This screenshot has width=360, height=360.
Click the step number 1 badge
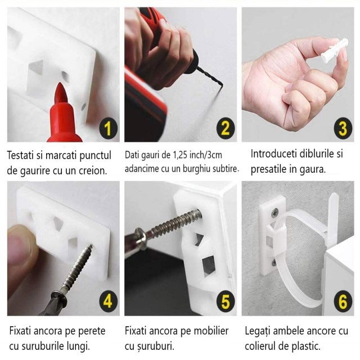coord(108,128)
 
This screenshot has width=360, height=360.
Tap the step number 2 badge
coord(225,128)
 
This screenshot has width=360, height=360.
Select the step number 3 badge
coord(343,128)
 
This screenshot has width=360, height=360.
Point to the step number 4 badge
coord(108,301)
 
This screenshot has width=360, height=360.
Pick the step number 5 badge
coord(225,301)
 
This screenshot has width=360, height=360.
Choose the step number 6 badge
coord(343,301)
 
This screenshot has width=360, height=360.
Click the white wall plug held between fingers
coord(334,51)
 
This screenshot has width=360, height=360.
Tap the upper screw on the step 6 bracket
coord(274,213)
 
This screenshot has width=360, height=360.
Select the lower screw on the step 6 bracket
coord(274,263)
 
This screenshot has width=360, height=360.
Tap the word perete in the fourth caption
coord(92,331)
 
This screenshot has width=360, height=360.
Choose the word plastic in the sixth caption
coord(306,346)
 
